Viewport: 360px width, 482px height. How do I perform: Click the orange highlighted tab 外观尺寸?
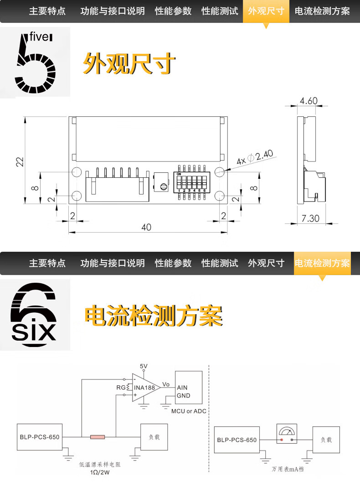pyautogui.click(x=266, y=11)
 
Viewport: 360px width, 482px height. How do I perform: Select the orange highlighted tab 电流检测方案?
pyautogui.click(x=322, y=263)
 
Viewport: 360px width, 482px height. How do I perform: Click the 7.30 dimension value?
pyautogui.click(x=310, y=218)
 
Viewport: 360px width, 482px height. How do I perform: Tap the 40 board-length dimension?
pyautogui.click(x=146, y=227)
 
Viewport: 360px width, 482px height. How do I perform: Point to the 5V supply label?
pyautogui.click(x=144, y=366)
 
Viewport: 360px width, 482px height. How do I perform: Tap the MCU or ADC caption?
pyautogui.click(x=189, y=411)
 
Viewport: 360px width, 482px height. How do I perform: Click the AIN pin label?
pyautogui.click(x=182, y=388)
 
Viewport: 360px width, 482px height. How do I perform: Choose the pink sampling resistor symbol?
pyautogui.click(x=98, y=437)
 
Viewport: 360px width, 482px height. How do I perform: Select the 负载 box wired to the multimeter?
pyautogui.click(x=326, y=440)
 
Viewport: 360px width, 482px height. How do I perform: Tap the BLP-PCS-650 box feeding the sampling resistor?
pyautogui.click(x=39, y=437)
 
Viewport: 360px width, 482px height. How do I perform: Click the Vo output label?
pyautogui.click(x=166, y=384)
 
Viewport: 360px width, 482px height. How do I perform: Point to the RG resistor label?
pyautogui.click(x=120, y=388)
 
